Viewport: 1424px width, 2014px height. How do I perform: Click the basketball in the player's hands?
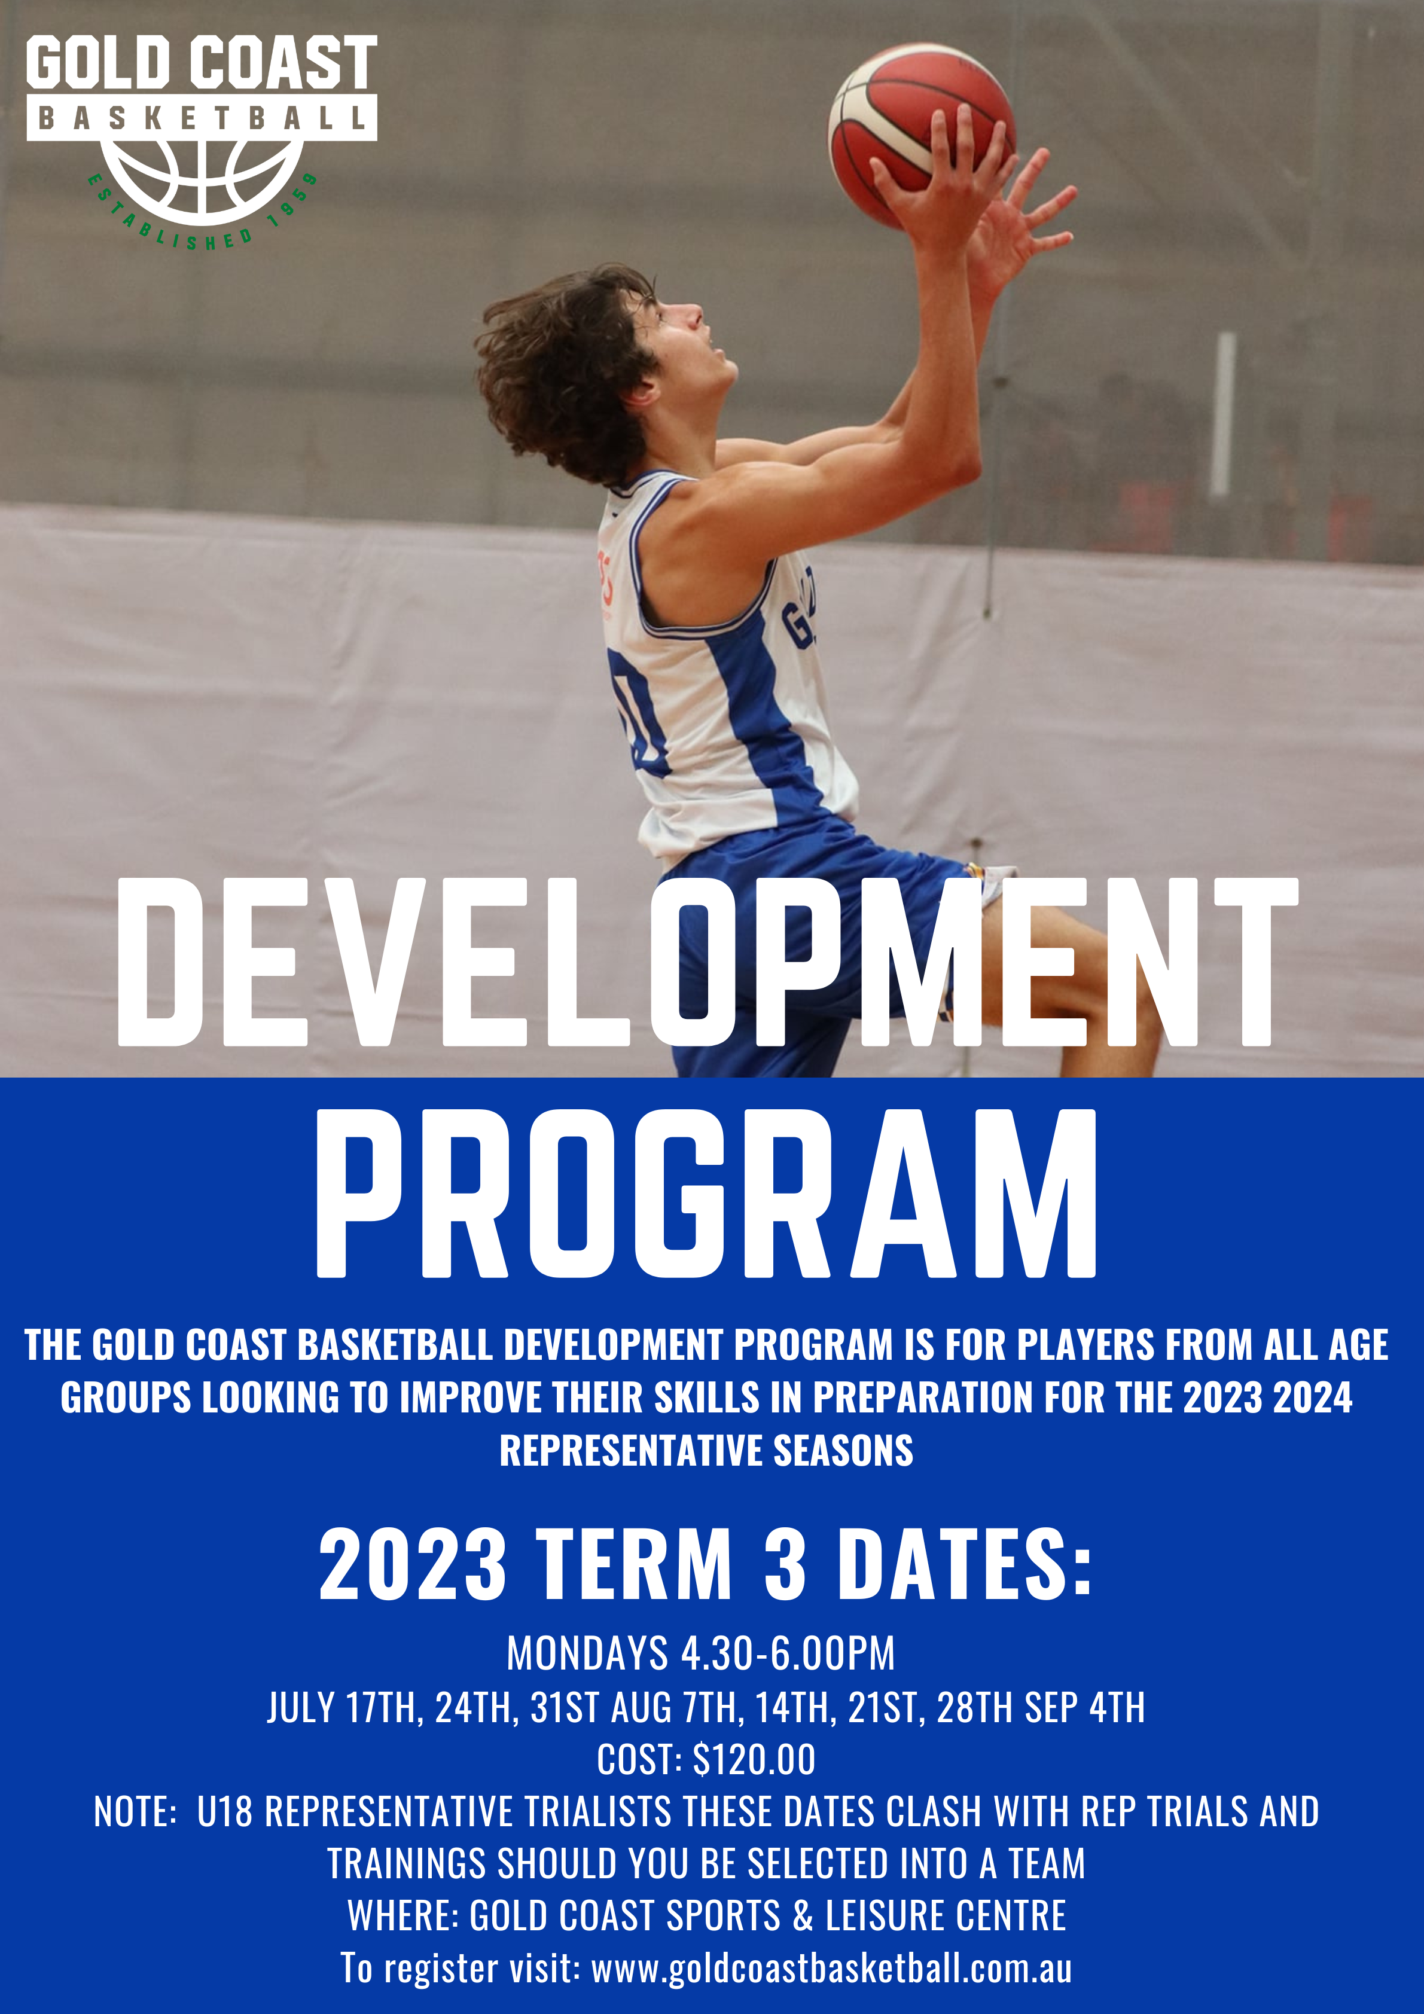(921, 136)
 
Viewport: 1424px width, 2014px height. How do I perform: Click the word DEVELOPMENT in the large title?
(707, 962)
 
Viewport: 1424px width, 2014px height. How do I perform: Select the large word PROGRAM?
(707, 1193)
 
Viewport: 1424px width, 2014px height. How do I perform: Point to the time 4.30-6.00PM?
(788, 1655)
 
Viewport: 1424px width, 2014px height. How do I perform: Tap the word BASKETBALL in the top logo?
(202, 118)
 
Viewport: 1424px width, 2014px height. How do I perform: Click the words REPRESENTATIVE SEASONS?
(706, 1450)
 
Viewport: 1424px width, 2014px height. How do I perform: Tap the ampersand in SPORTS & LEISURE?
(803, 1916)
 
